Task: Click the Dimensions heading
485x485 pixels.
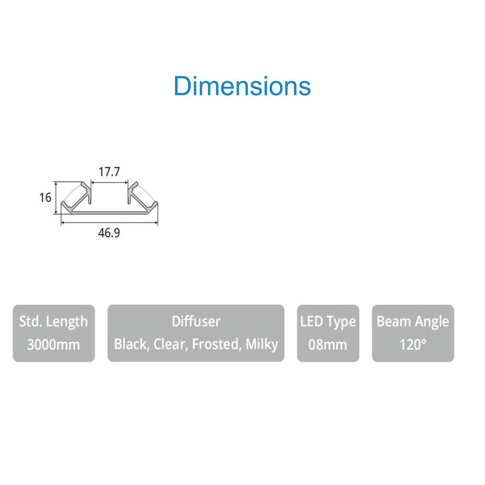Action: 242,86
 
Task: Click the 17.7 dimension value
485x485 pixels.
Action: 109,172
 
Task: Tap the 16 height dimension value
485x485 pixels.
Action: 44,197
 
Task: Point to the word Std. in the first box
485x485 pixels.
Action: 31,321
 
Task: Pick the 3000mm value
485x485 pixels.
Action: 53,345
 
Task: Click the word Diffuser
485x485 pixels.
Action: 196,321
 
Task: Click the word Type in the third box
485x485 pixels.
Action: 342,321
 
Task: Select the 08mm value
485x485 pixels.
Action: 327,345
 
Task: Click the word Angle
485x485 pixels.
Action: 432,321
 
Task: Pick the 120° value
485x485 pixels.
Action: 413,345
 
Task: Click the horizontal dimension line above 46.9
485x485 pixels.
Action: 109,222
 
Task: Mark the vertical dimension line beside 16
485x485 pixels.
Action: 56,197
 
